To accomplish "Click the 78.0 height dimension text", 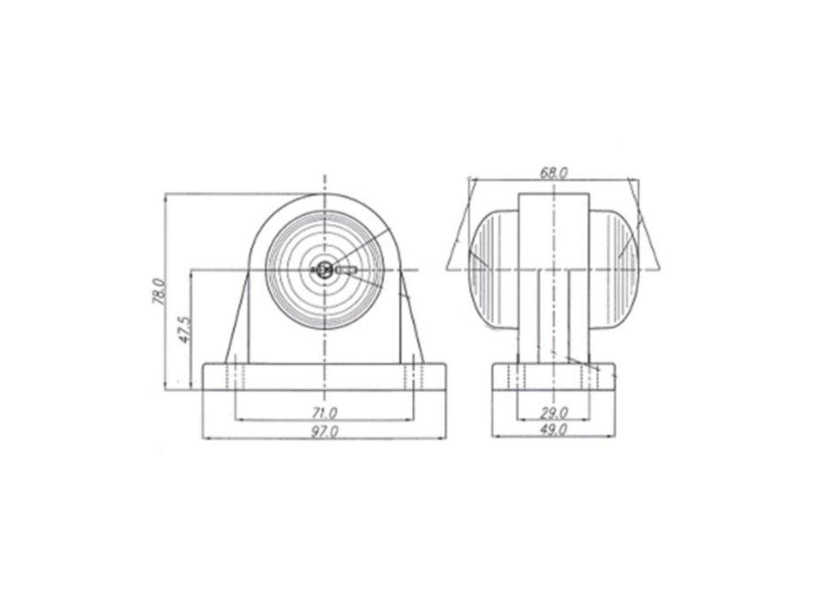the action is click(159, 292).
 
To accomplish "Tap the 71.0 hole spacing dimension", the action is click(325, 413).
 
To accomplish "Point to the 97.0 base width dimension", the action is click(325, 432).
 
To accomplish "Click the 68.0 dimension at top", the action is click(554, 172).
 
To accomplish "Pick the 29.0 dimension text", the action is click(554, 413).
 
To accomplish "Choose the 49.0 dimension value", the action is click(554, 430).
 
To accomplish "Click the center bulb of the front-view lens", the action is click(325, 271).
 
